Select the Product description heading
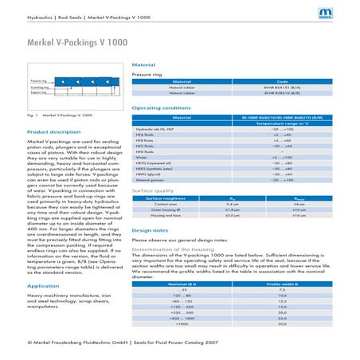pos(53,131)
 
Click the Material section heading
pos(143,65)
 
